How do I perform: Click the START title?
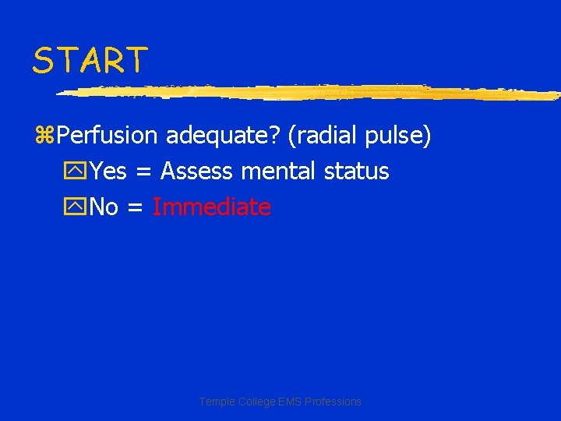90,60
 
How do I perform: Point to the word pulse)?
398,136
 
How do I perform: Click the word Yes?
108,172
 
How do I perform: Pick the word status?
356,172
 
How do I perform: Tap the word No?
104,207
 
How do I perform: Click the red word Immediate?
212,207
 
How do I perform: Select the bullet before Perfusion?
44,136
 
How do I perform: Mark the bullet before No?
77,208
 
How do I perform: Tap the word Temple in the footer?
216,402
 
